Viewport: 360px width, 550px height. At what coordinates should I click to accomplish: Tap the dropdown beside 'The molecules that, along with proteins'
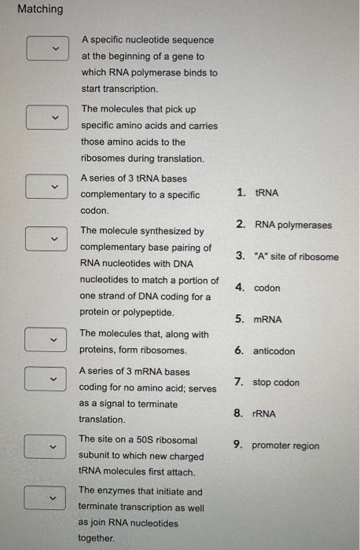click(x=42, y=340)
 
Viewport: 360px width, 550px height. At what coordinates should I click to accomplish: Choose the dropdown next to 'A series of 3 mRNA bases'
click(x=42, y=379)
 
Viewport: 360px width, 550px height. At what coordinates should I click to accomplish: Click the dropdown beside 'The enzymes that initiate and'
click(x=42, y=497)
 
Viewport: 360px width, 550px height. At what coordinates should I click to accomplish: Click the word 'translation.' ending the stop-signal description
click(x=102, y=420)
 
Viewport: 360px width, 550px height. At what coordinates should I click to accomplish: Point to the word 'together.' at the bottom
click(x=97, y=538)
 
